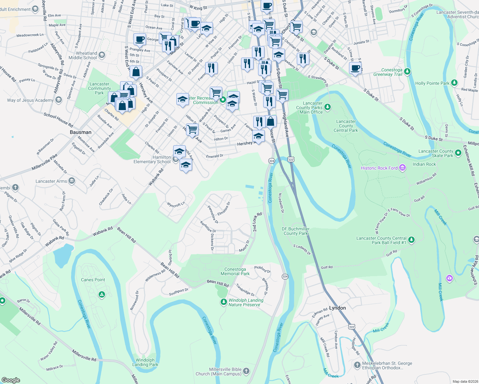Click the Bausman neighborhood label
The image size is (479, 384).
[81, 132]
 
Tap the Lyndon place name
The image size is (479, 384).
[337, 308]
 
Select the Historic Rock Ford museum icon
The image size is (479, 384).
[403, 168]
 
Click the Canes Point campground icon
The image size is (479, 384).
[102, 294]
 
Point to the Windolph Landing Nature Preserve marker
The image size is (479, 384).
[223, 302]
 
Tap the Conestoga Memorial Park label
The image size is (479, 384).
[235, 271]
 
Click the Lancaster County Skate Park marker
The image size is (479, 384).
[458, 153]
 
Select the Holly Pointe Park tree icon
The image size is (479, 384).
[454, 83]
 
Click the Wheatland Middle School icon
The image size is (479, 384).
[102, 55]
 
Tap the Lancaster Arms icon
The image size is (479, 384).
[71, 181]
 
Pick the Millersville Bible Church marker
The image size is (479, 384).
[246, 371]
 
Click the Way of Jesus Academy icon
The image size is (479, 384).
[58, 100]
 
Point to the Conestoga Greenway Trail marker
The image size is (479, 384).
[407, 71]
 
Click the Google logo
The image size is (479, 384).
[11, 380]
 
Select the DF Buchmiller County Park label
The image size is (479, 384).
[296, 231]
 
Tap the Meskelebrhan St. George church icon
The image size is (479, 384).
[357, 365]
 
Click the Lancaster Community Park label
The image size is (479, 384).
[99, 89]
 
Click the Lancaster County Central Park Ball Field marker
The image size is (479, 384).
[411, 240]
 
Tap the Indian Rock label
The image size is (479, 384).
[424, 164]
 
